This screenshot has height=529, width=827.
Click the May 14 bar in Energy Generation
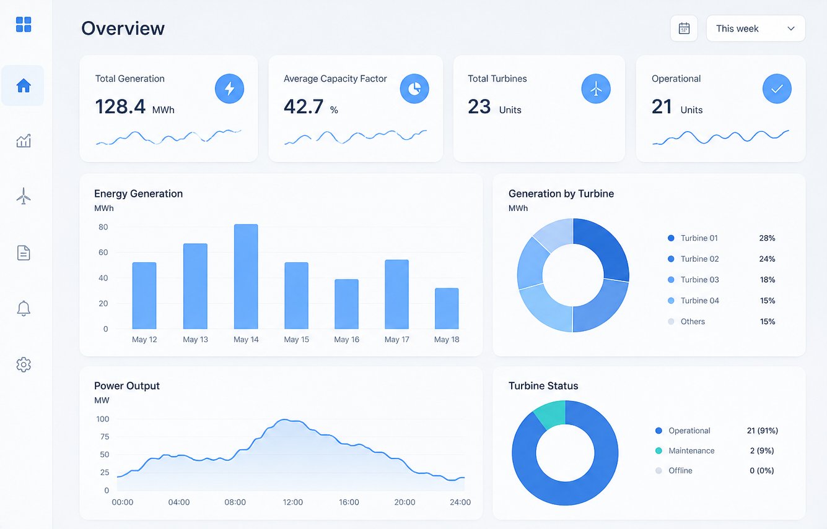click(x=246, y=277)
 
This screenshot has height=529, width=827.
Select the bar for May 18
click(x=447, y=308)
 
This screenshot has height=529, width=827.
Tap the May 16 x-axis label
click(x=346, y=340)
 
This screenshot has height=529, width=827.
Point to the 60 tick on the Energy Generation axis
click(x=103, y=252)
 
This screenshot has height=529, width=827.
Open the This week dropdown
click(x=755, y=28)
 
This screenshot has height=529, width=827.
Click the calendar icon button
click(x=684, y=28)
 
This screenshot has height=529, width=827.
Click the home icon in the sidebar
click(x=24, y=85)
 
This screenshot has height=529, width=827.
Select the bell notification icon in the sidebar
click(x=24, y=308)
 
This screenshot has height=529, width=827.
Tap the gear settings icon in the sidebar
click(x=24, y=364)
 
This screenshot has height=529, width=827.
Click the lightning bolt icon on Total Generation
click(x=229, y=88)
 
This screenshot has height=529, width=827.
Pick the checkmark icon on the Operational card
click(x=777, y=88)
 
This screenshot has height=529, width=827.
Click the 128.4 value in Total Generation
click(x=120, y=106)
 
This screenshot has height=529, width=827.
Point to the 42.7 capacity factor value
click(x=304, y=106)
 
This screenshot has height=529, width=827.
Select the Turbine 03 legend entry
click(x=693, y=280)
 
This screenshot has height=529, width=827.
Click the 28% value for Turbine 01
click(x=767, y=238)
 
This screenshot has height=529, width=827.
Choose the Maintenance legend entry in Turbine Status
click(x=685, y=450)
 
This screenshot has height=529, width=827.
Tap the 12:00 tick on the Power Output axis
click(x=293, y=502)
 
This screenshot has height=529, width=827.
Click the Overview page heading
click(x=123, y=28)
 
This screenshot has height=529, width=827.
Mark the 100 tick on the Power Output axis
click(x=103, y=419)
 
